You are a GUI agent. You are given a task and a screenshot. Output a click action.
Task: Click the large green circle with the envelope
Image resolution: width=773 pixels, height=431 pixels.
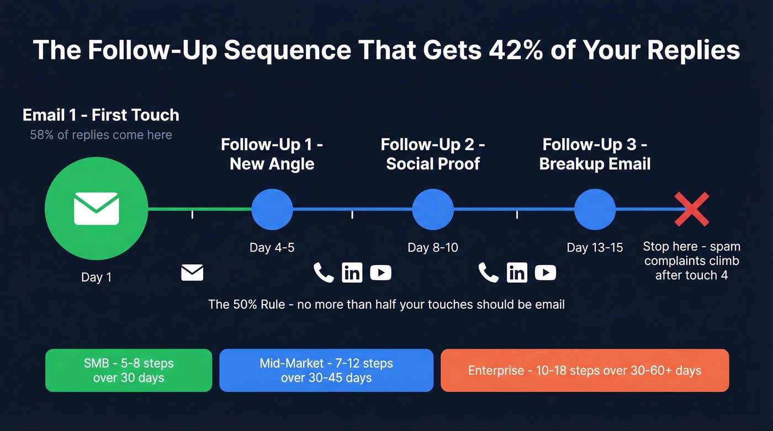click(x=96, y=209)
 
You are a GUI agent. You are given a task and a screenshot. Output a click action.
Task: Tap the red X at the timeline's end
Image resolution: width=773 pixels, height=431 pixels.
click(x=692, y=209)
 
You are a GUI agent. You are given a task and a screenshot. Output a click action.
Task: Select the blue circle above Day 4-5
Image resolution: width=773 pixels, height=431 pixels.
click(x=272, y=209)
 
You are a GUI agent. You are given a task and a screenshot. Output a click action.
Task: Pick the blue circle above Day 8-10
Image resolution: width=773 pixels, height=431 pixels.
click(x=433, y=209)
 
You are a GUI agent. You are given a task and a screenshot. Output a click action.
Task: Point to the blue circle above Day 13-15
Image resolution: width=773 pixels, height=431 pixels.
click(x=595, y=209)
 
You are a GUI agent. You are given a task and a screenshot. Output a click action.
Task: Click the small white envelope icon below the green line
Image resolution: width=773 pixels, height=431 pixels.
click(x=192, y=273)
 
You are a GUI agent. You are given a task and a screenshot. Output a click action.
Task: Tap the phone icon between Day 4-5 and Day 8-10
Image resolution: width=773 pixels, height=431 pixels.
click(x=324, y=273)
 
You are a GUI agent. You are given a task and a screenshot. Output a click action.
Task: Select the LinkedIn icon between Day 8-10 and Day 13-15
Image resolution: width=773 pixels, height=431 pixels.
click(x=517, y=273)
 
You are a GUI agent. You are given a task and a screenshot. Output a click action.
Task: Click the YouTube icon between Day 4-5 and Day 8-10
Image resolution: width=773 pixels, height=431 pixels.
click(x=380, y=273)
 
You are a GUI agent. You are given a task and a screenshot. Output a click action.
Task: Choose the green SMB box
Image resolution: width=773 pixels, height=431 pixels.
click(x=129, y=370)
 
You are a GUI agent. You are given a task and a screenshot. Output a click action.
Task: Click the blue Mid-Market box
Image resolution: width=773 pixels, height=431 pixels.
click(x=326, y=370)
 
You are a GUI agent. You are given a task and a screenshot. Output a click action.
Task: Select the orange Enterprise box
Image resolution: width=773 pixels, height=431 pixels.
click(x=585, y=370)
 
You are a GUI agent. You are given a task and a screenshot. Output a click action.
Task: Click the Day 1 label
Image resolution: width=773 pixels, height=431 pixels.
click(x=96, y=277)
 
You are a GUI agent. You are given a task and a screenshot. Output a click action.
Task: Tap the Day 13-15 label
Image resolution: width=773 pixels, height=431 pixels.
click(x=595, y=248)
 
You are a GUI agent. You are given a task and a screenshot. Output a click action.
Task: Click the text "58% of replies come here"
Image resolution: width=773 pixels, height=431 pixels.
click(x=101, y=135)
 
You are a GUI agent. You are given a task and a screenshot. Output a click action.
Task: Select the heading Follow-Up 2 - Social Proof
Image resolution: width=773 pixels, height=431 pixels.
click(x=433, y=154)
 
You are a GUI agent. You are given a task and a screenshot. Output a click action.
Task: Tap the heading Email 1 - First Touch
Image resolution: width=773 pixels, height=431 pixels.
click(x=101, y=115)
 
